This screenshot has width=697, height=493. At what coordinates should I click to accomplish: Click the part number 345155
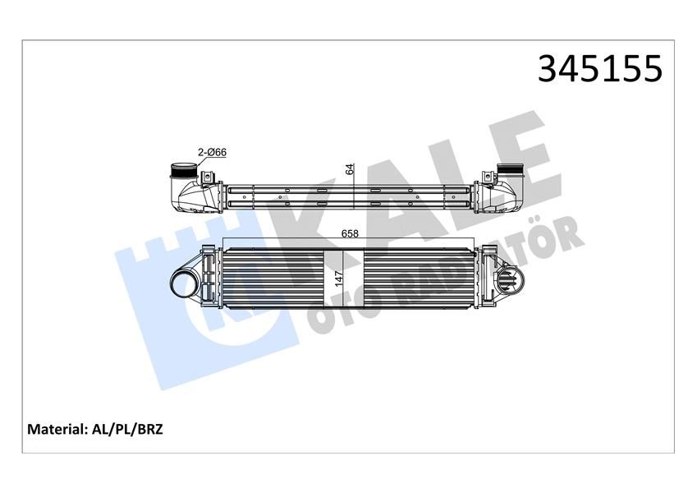coord(599,69)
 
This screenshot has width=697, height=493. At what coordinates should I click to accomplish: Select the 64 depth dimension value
coord(349,169)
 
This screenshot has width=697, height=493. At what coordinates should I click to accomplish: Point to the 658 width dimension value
coord(351,233)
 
